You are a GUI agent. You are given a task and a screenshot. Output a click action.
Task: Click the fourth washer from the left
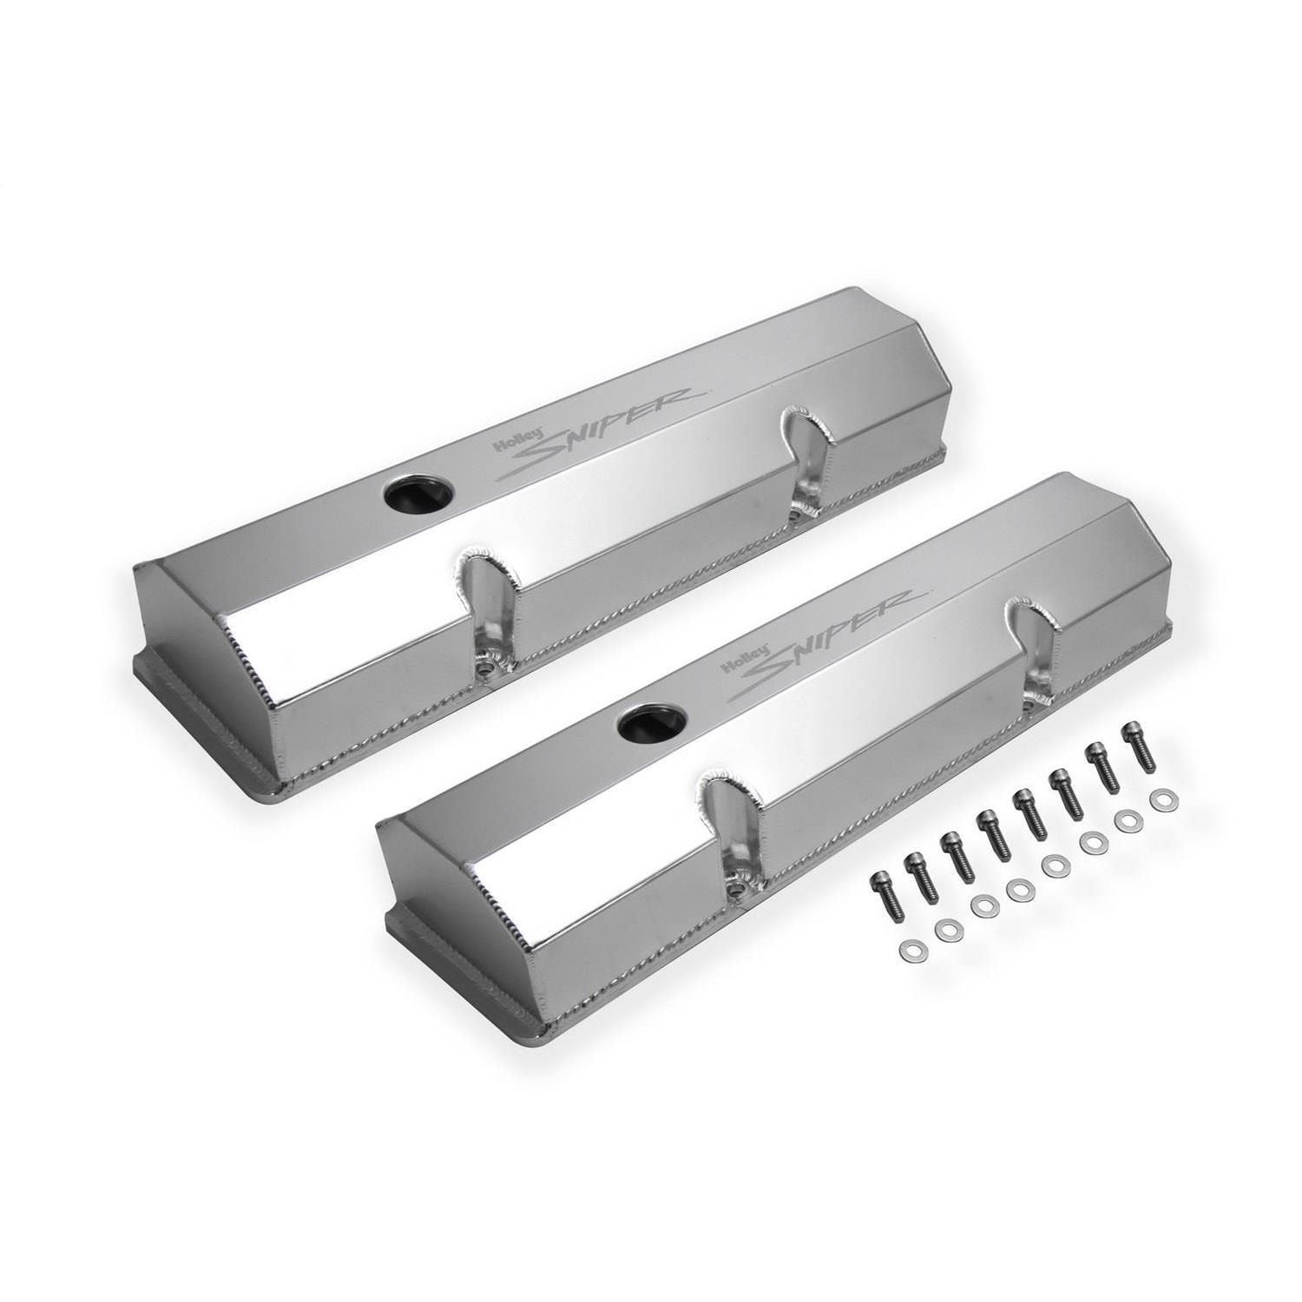tap(1017, 887)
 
